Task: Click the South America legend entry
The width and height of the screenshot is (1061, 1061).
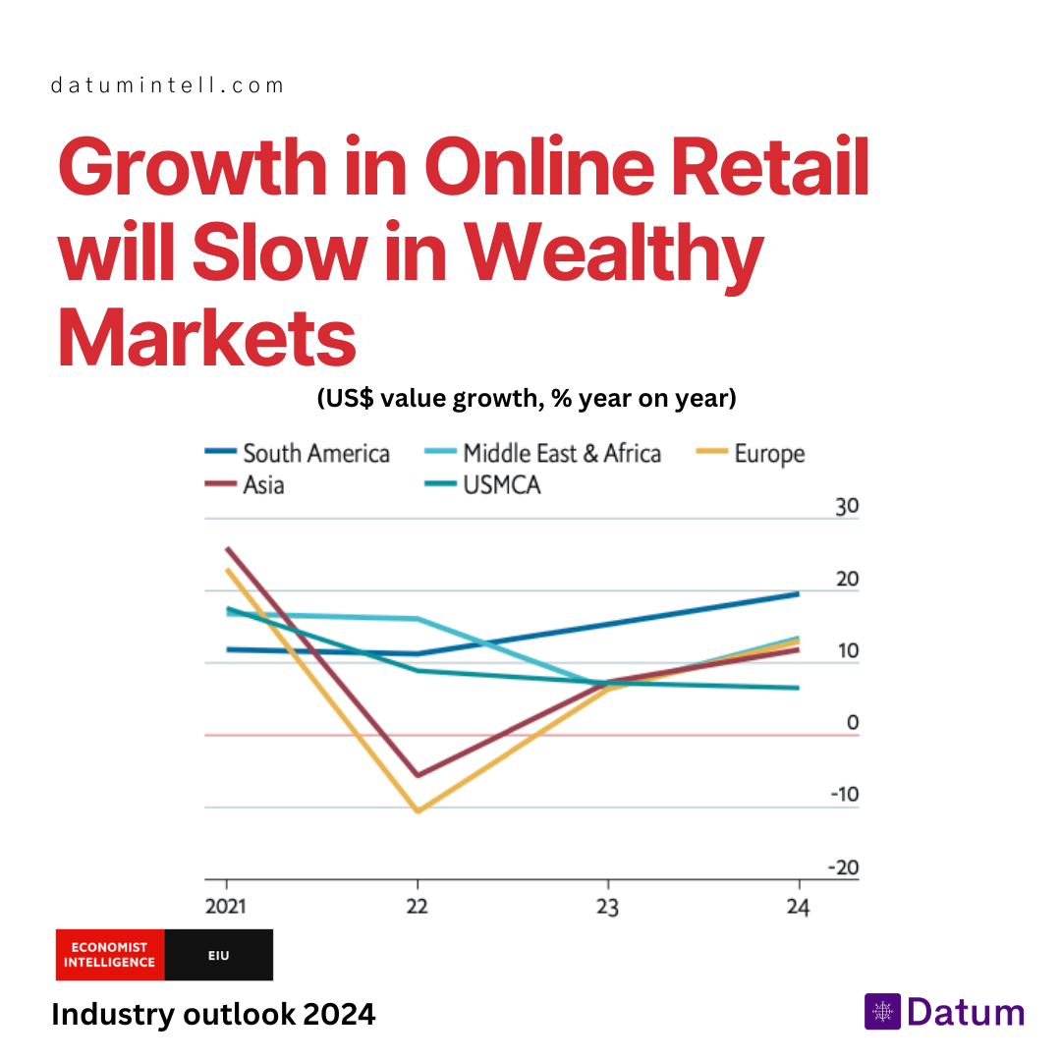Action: coord(297,453)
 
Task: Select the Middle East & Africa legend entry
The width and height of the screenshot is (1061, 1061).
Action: coord(542,453)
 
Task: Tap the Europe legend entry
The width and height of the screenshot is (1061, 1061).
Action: coord(751,453)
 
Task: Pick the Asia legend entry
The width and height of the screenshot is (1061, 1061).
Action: coord(245,484)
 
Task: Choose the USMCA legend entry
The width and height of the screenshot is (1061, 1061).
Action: coord(482,484)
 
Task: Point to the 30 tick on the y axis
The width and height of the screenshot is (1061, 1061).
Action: coord(847,506)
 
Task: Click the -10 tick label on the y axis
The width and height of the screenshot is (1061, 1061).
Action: coord(845,794)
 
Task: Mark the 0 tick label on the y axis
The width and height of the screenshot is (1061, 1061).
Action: coord(853,722)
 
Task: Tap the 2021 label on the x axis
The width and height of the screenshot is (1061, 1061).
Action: coord(226,906)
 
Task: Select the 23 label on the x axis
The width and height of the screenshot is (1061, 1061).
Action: coord(608,906)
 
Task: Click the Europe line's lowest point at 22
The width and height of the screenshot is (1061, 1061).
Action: coord(419,810)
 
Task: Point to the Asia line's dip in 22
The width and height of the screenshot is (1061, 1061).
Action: coord(419,775)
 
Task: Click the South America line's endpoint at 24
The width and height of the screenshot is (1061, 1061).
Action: coord(799,594)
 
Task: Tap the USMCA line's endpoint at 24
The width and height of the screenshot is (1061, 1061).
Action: coord(799,688)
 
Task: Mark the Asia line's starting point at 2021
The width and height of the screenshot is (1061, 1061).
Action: coord(227,549)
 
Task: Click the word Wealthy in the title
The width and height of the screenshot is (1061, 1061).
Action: coord(614,251)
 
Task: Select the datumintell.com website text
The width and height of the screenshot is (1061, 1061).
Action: coord(167,85)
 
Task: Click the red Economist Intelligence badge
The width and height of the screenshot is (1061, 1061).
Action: coord(110,955)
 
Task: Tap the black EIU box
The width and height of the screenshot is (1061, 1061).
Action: coord(218,955)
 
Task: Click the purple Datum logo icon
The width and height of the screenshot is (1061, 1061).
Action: coord(882,1012)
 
